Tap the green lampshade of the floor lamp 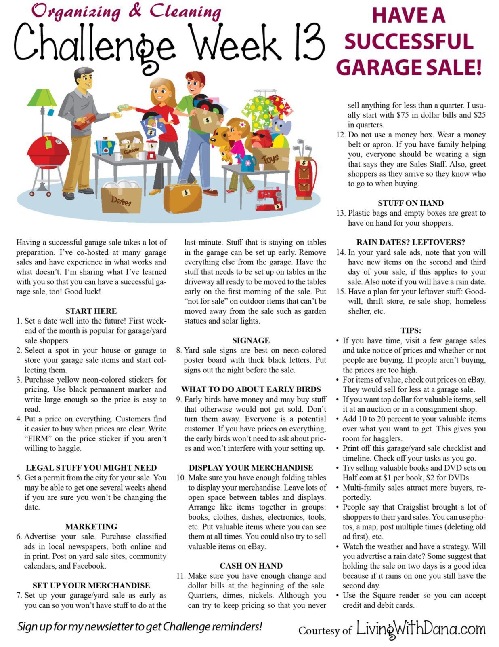(42, 98)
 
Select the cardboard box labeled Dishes (121, 199)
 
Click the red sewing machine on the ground (269, 199)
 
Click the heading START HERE (91, 311)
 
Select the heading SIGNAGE (251, 340)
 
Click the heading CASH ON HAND (251, 566)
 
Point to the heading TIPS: (411, 330)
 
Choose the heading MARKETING (91, 526)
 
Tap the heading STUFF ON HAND (411, 203)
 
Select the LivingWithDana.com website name (421, 629)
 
